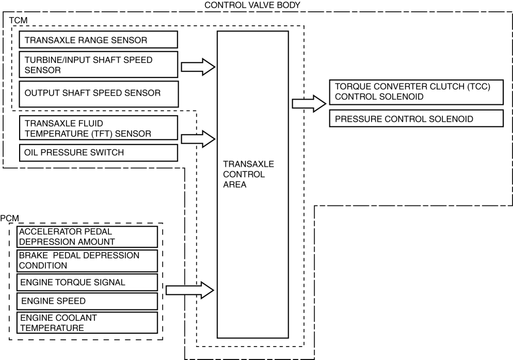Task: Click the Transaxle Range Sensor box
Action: click(x=98, y=40)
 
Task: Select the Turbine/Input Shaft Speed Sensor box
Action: click(x=98, y=65)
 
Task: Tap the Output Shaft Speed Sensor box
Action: click(x=98, y=93)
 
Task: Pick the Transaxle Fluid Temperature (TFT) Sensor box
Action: click(x=98, y=128)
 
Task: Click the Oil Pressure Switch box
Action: click(x=98, y=152)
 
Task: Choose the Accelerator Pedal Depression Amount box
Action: click(x=87, y=237)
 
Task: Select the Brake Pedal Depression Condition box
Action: click(x=87, y=261)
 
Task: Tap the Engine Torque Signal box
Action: click(x=87, y=282)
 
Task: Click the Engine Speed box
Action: click(x=87, y=301)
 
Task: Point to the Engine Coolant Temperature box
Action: click(x=87, y=322)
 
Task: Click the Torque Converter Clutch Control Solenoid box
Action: click(x=416, y=91)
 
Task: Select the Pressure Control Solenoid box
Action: click(x=416, y=119)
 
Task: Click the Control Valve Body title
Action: click(x=252, y=5)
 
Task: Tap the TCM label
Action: click(x=19, y=20)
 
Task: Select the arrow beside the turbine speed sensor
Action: click(x=198, y=67)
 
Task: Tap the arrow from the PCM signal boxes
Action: click(x=189, y=290)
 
